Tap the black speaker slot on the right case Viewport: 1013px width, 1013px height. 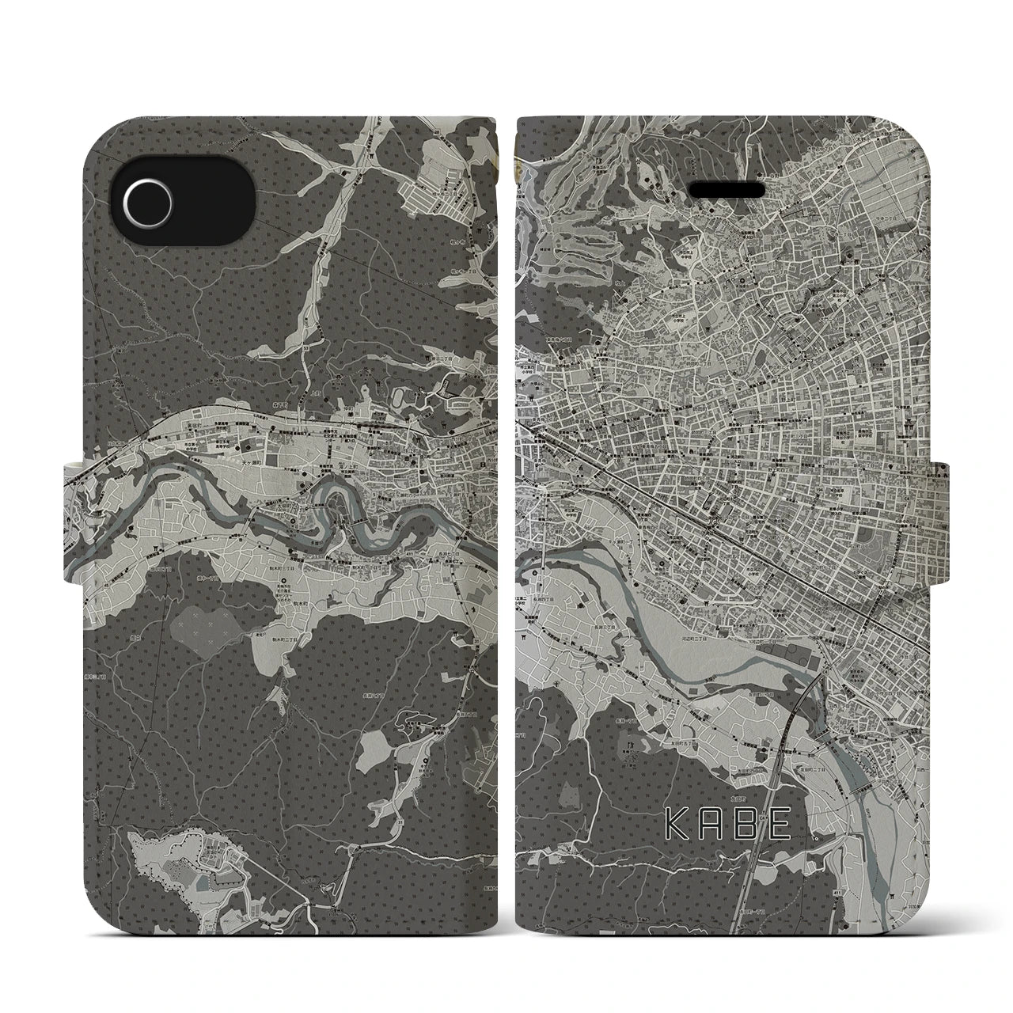pos(727,191)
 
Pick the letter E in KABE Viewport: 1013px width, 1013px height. pos(778,825)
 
